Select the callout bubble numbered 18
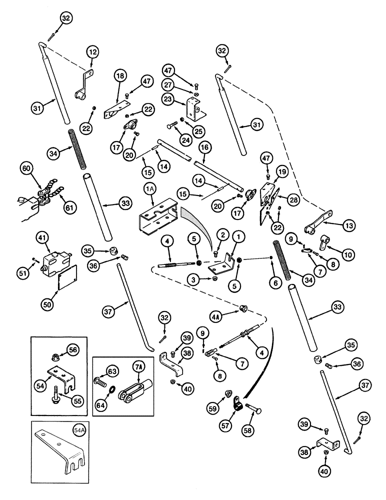120,76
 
